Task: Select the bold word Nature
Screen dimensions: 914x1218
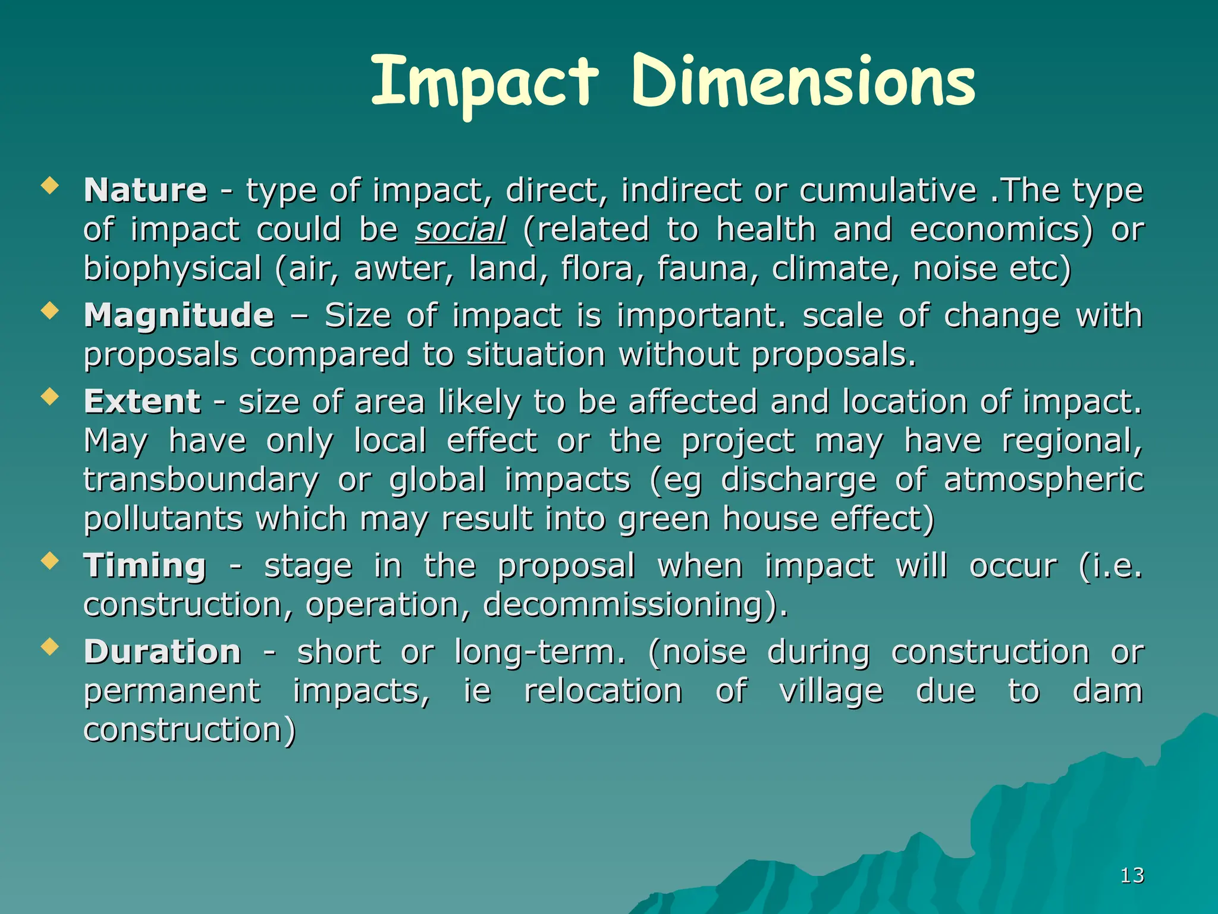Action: tap(146, 190)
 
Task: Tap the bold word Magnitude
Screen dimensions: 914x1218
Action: tap(179, 315)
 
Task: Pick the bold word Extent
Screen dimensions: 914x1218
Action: tap(142, 402)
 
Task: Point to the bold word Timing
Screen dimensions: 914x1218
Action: tap(145, 565)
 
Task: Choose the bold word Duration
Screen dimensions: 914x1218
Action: tap(162, 652)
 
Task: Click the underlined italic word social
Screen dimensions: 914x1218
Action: tap(460, 230)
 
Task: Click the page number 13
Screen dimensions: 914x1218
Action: tap(1132, 875)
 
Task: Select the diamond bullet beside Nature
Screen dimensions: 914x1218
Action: tap(50, 186)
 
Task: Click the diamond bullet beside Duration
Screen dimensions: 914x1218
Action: tap(50, 647)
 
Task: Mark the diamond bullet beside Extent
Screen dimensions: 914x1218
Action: tap(50, 397)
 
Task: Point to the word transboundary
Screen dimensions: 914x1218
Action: tap(201, 480)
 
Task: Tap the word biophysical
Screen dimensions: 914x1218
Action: tap(172, 270)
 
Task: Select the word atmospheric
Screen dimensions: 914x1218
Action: tap(1043, 480)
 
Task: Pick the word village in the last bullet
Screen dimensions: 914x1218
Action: tap(831, 691)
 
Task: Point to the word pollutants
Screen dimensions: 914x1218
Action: tap(163, 519)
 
